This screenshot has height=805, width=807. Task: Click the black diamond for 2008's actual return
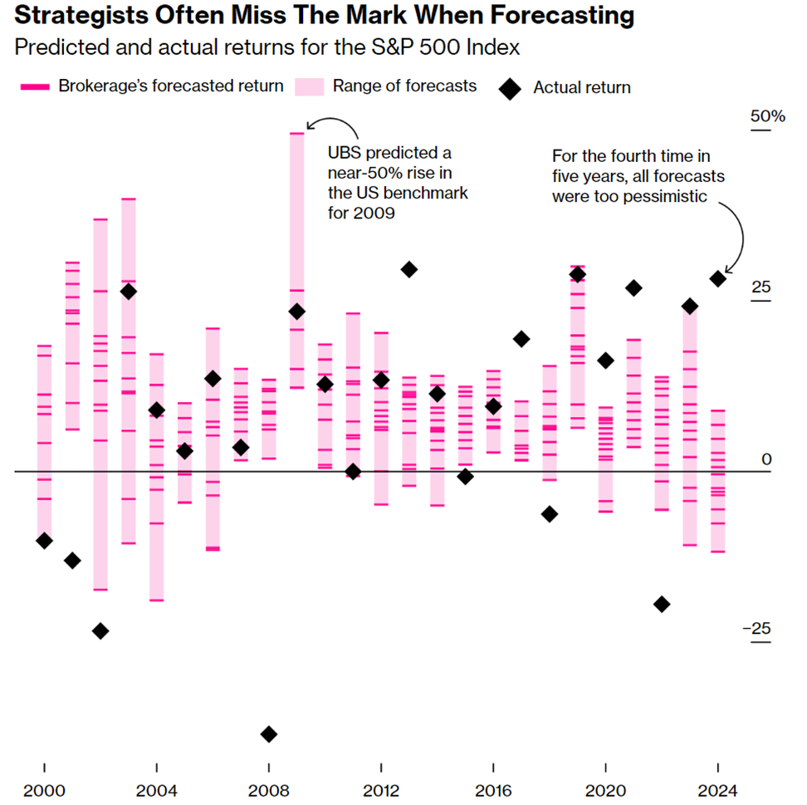tap(268, 734)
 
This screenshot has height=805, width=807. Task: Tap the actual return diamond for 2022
tap(662, 604)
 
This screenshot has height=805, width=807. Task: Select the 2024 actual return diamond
tap(717, 279)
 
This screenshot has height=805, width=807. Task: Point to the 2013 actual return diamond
tap(408, 269)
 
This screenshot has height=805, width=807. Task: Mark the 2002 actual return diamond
tap(100, 631)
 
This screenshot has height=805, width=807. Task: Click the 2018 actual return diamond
tap(549, 513)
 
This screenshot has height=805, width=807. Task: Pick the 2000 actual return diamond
tap(44, 540)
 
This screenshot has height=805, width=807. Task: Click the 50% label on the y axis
tap(767, 116)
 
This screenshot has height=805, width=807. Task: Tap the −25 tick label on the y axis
tap(756, 628)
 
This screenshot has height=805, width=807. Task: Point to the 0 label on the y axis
tap(767, 459)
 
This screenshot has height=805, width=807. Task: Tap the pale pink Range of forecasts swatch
tap(310, 86)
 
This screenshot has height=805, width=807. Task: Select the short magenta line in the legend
tap(36, 86)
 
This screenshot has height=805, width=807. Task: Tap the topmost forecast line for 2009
tap(296, 133)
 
